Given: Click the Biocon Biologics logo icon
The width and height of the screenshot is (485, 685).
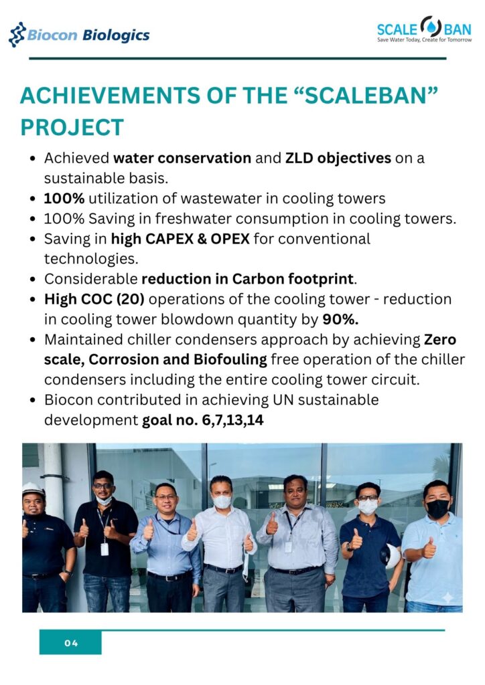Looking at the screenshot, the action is tap(17, 35).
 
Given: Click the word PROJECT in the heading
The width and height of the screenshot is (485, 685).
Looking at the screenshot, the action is tap(72, 128).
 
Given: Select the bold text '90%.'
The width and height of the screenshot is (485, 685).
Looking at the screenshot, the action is tap(340, 319).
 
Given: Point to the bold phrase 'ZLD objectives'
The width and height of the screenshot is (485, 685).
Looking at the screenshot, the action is tap(338, 158).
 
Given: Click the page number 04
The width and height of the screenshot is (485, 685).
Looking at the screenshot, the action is tap(71, 643).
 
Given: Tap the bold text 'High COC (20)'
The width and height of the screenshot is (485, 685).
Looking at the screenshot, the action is tap(94, 299).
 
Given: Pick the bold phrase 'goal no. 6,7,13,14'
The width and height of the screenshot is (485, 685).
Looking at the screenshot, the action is tap(203, 420).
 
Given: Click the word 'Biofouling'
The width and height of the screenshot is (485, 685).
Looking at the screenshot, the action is tap(230, 359).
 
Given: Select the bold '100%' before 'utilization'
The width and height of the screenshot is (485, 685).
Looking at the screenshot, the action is tap(64, 198).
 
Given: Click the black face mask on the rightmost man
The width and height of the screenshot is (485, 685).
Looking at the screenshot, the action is tap(437, 509).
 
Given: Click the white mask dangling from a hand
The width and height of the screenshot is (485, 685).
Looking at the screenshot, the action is tap(247, 566).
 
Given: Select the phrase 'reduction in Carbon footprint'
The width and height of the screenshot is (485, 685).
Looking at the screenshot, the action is tap(248, 279).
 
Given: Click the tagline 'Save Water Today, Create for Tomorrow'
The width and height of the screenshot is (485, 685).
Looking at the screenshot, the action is tap(425, 39).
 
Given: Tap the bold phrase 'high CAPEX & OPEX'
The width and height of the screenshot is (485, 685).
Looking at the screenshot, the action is tap(180, 239).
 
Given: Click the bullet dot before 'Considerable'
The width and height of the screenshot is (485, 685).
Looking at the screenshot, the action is tap(32, 280).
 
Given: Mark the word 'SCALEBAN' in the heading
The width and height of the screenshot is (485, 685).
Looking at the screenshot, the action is tap(365, 96).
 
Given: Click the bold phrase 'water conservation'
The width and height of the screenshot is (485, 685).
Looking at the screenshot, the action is tap(182, 158).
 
